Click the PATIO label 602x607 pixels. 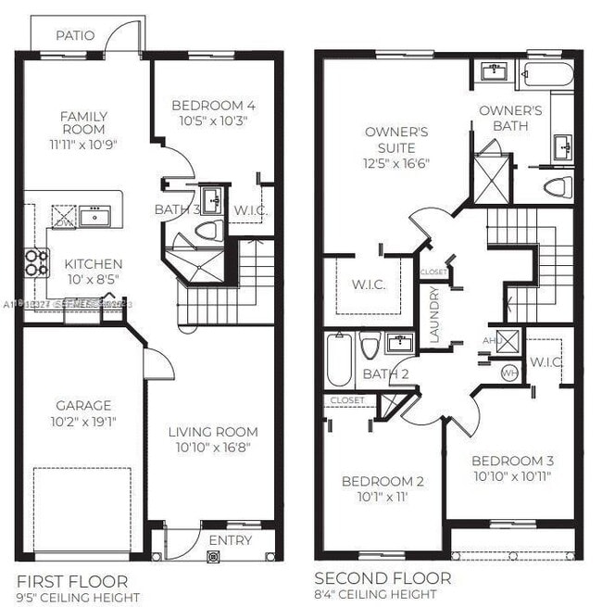click(x=75, y=36)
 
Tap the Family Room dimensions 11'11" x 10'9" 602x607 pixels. click(x=83, y=145)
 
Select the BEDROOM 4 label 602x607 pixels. click(x=213, y=106)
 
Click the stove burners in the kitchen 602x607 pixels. click(x=36, y=263)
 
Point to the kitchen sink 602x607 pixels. click(x=94, y=217)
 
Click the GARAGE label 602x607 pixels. click(x=83, y=406)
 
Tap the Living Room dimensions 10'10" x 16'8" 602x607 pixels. click(x=212, y=448)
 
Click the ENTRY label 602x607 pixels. click(x=230, y=540)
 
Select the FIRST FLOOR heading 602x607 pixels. click(x=72, y=581)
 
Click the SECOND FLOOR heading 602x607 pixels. click(x=383, y=579)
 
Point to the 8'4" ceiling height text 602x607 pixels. click(x=374, y=595)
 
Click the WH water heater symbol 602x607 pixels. click(x=508, y=372)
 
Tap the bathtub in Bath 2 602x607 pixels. click(x=339, y=361)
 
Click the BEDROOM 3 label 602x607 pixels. click(x=512, y=462)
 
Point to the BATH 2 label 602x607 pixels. click(x=385, y=374)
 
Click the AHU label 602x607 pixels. click(x=490, y=340)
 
